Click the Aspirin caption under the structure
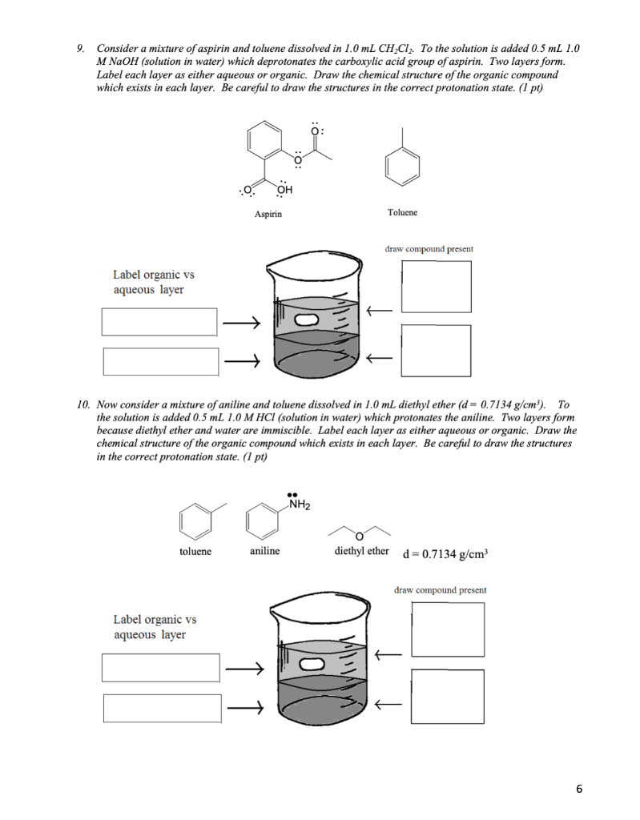coord(268,214)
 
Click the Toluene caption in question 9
coord(401,213)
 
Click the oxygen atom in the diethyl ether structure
coord(360,534)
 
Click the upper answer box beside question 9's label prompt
coord(159,322)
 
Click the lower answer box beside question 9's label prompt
coord(159,361)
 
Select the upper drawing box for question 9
coord(437,287)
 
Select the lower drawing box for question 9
coord(437,350)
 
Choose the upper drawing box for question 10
coord(448,629)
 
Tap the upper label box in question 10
coord(161,668)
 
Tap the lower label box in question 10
coord(161,708)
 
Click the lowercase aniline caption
coord(264,552)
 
